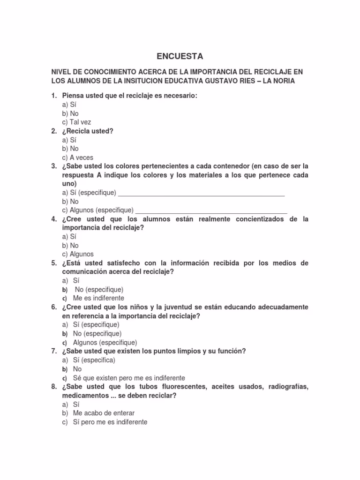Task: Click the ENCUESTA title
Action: tap(180, 56)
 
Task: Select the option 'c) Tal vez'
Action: tap(76, 122)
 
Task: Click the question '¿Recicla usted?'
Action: tap(88, 131)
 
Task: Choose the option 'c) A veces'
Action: tap(77, 157)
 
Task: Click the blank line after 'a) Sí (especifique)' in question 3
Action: tap(201, 193)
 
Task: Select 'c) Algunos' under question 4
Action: tap(78, 254)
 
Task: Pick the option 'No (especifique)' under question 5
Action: tap(99, 289)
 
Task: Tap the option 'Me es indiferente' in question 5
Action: tap(98, 298)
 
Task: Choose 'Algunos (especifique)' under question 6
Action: tap(105, 342)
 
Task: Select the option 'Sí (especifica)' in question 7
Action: tap(94, 360)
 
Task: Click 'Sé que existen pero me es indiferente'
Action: tap(129, 378)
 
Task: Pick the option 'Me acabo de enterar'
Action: tap(104, 413)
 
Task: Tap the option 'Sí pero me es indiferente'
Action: tap(110, 422)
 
